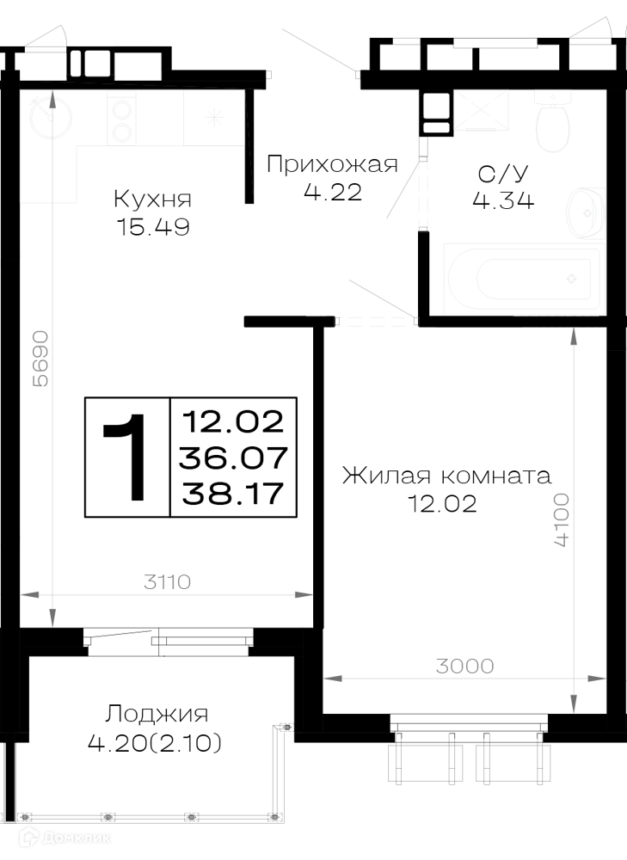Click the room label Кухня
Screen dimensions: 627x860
152,200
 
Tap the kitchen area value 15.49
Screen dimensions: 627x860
153,227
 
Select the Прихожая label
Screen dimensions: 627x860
332,164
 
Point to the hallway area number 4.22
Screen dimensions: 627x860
333,192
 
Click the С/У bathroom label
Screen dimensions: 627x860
503,174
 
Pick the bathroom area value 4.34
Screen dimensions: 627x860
503,200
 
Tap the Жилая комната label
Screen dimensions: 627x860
446,476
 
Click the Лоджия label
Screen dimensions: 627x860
157,714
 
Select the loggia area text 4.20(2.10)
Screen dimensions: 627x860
155,743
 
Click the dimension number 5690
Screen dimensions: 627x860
40,359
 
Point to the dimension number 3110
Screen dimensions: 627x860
167,581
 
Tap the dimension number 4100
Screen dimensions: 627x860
561,520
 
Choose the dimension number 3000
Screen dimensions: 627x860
464,666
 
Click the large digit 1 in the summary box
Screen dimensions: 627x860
126,457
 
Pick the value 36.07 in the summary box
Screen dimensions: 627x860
233,458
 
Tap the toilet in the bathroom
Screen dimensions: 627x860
554,121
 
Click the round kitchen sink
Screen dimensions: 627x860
51,117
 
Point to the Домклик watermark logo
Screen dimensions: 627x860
65,838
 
